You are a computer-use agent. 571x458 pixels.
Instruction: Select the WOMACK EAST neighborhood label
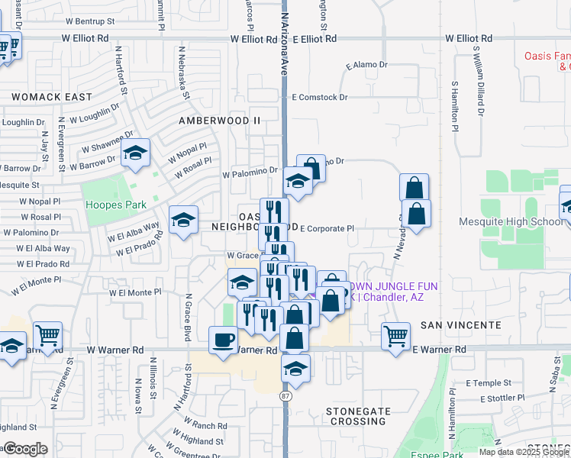tap(51, 97)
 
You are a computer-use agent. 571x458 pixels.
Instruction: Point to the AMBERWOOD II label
tap(219, 121)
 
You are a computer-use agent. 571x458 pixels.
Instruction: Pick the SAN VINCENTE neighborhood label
tap(462, 324)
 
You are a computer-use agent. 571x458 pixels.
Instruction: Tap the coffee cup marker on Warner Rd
tap(223, 340)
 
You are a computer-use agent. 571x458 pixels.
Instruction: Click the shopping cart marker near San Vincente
tap(395, 336)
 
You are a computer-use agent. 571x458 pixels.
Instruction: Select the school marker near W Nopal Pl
tap(135, 156)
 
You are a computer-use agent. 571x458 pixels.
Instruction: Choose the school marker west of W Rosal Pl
tap(183, 221)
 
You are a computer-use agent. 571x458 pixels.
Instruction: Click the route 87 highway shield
tap(285, 396)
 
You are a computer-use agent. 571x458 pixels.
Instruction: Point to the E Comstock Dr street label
tap(320, 98)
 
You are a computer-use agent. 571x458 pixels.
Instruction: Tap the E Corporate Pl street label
tap(327, 228)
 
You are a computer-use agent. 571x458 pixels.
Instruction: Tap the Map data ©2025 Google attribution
tap(524, 452)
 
